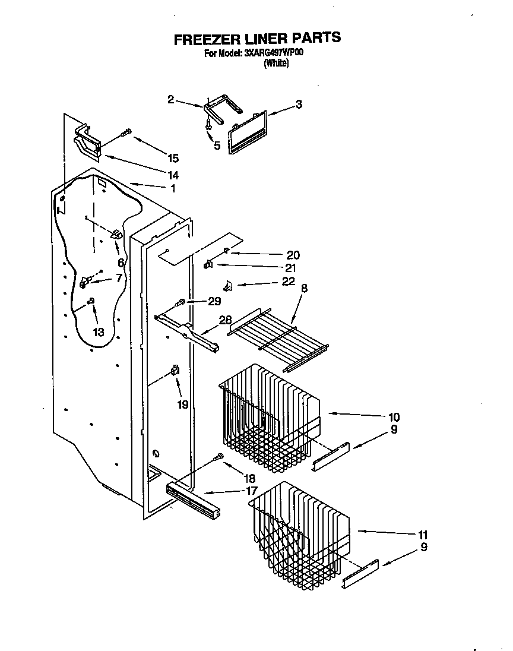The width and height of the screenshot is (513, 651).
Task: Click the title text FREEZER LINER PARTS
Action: click(x=257, y=39)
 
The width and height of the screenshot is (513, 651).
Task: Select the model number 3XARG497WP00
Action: click(x=274, y=53)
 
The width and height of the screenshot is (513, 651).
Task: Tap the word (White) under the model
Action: click(x=276, y=64)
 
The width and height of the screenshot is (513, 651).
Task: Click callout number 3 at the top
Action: click(x=299, y=105)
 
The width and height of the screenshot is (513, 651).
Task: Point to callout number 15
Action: click(x=173, y=158)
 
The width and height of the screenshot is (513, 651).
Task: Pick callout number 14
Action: click(x=173, y=175)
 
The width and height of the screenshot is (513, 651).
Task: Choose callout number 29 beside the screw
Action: click(x=215, y=301)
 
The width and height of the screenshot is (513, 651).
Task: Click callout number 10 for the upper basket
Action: click(x=394, y=417)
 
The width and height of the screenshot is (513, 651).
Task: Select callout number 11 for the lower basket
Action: click(x=422, y=534)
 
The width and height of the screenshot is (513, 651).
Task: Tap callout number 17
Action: click(x=251, y=491)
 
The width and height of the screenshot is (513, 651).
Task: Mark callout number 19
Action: click(x=182, y=404)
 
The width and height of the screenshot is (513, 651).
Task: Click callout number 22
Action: click(x=289, y=282)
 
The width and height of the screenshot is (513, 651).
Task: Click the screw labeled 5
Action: click(x=209, y=125)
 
